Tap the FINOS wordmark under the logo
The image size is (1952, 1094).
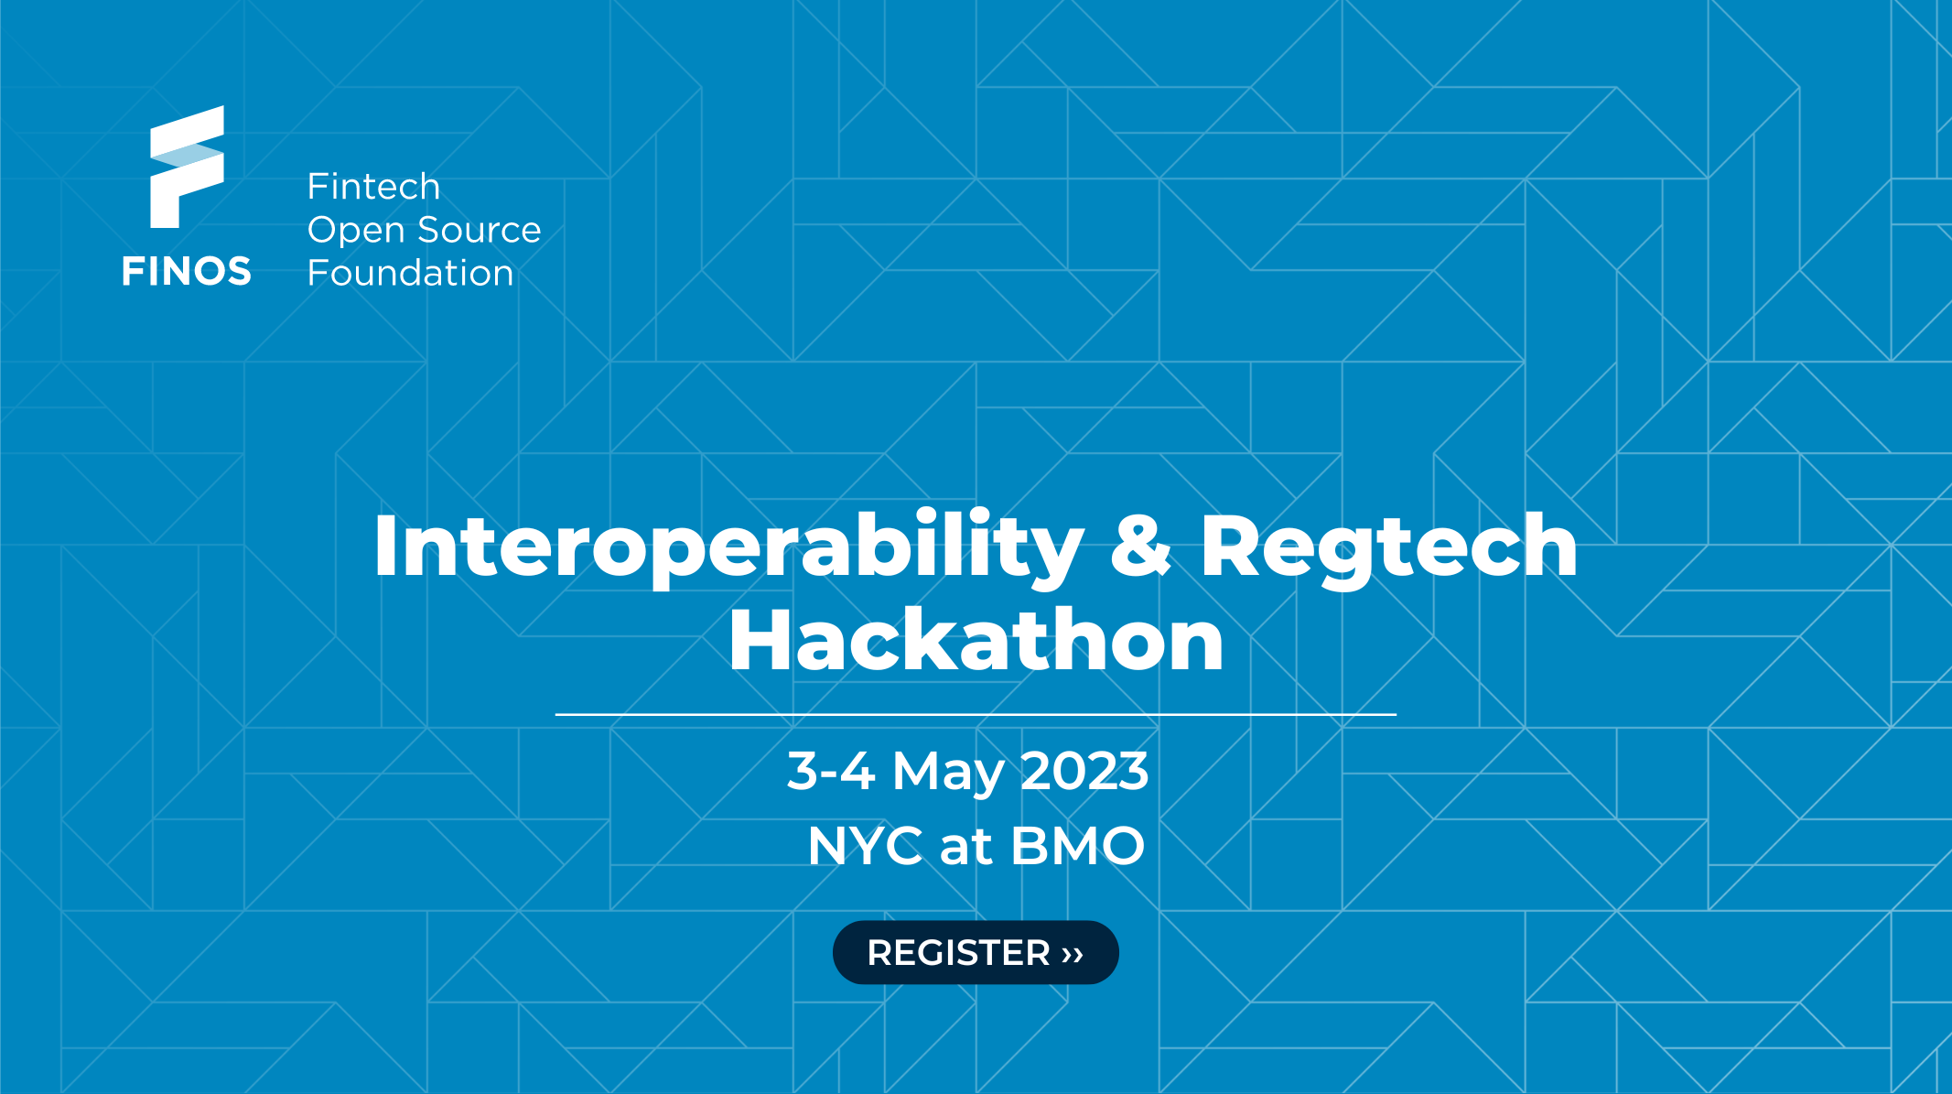point(186,272)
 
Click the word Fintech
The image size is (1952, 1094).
point(373,187)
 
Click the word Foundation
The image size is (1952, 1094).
point(410,273)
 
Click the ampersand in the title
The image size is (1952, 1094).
point(1140,547)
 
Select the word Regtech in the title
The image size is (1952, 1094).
point(1388,547)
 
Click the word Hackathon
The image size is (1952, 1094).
point(976,640)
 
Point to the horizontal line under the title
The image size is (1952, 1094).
point(976,713)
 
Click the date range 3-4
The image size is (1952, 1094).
point(831,771)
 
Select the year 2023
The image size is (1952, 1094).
point(1084,771)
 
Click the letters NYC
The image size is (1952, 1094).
point(865,845)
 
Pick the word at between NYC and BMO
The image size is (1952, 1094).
point(966,846)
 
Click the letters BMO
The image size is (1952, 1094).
point(1078,845)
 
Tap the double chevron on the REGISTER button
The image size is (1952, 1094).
point(1073,954)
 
